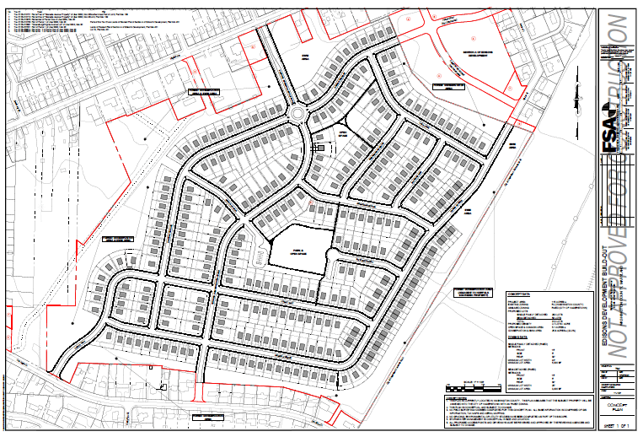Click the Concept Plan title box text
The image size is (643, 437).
point(619,406)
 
